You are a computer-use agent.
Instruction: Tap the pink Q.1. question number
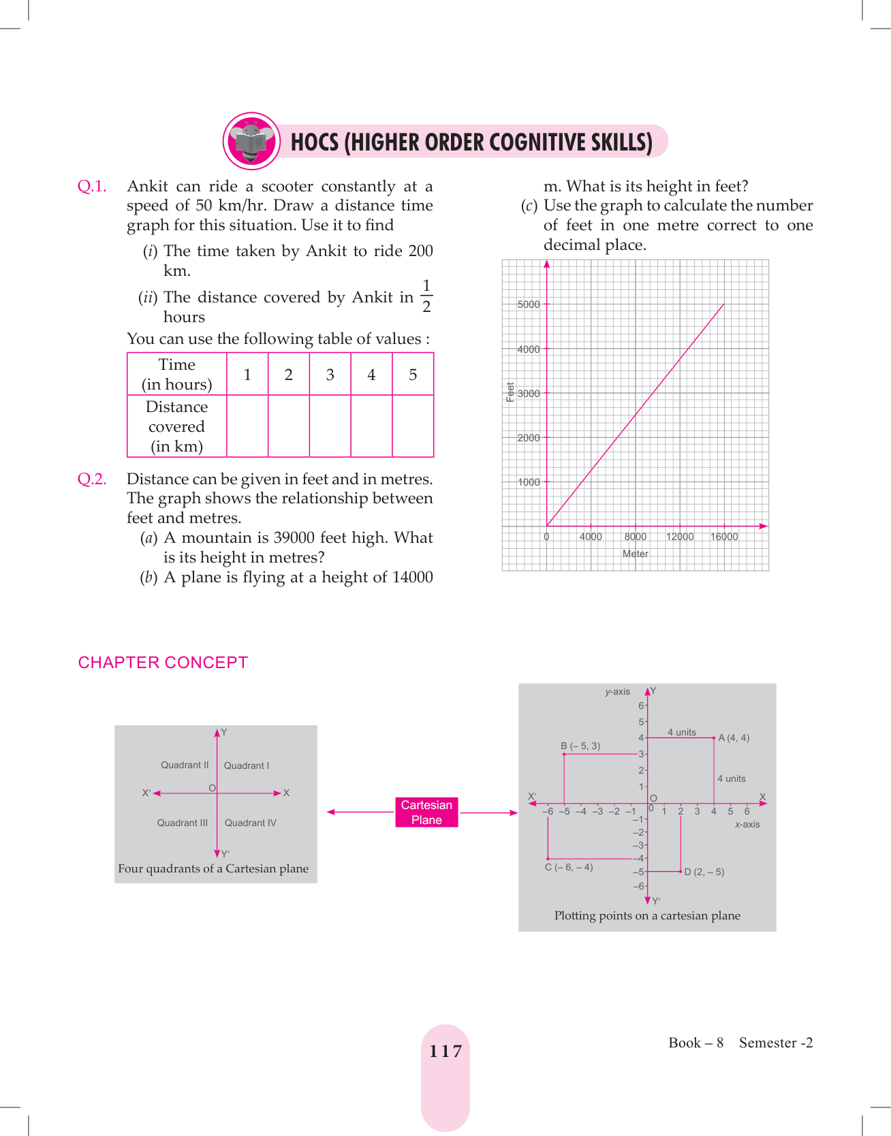92,187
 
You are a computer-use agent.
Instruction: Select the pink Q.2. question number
92,479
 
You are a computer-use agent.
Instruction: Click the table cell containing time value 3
330,375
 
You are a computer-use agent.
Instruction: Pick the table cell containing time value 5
413,375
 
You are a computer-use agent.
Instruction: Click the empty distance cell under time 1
247,426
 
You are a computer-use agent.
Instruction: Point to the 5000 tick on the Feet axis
529,304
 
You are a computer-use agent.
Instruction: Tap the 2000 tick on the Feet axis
529,438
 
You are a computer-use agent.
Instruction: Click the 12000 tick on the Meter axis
680,537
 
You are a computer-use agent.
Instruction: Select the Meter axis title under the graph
636,554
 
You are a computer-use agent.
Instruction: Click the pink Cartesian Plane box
426,812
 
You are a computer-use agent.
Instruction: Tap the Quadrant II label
185,766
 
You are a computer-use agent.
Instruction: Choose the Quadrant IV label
251,823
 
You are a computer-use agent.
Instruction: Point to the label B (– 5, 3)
580,746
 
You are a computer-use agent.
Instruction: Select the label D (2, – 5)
704,872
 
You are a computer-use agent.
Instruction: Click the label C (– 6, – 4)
569,868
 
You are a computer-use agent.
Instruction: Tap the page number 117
445,1052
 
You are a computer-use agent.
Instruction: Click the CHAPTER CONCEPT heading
163,663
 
